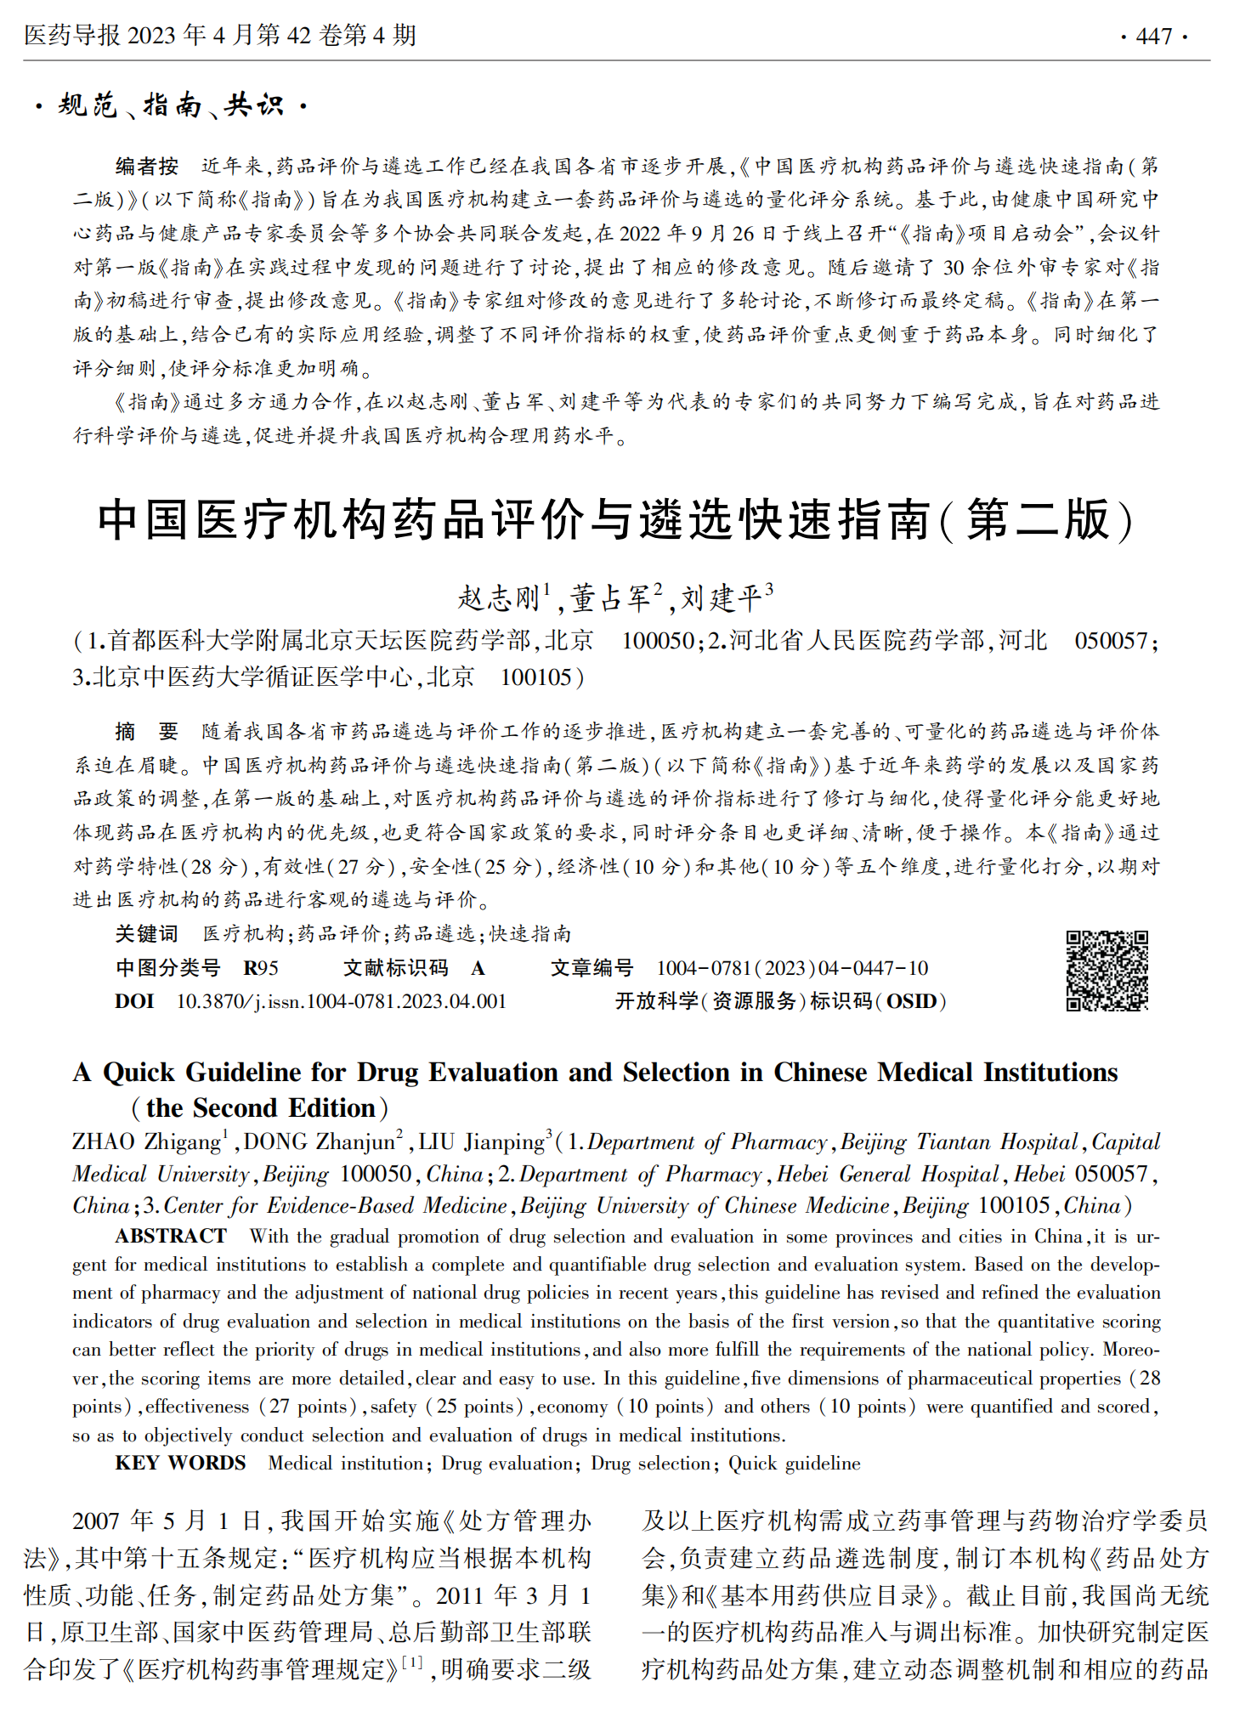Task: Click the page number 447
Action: point(1153,37)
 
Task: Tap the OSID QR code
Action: point(1107,970)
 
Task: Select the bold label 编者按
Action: point(147,167)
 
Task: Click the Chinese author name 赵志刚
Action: point(499,598)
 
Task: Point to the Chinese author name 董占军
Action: point(609,598)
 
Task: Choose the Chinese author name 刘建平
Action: point(721,598)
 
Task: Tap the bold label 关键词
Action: point(147,934)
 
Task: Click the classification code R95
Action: point(260,968)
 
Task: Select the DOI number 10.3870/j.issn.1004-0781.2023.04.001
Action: point(341,1001)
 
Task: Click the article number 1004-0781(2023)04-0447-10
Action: point(791,968)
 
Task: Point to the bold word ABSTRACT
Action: point(171,1236)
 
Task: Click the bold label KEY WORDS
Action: point(180,1463)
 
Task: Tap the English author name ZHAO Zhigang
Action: point(146,1142)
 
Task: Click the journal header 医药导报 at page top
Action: point(72,36)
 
